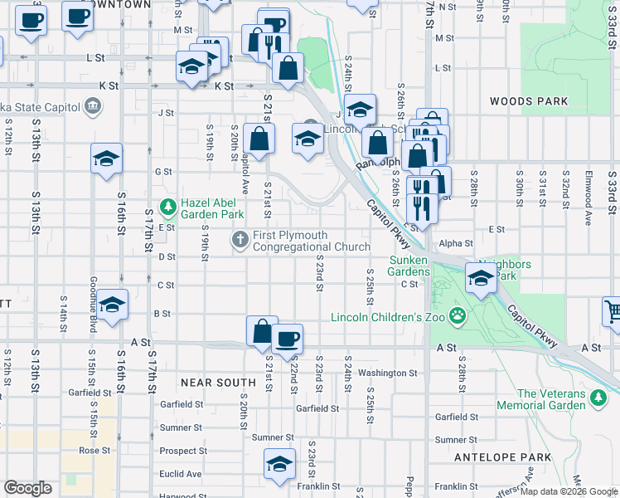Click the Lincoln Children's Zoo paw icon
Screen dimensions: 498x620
pyautogui.click(x=456, y=315)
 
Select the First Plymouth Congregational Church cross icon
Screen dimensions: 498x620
pyautogui.click(x=240, y=240)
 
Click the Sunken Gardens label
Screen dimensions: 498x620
pyautogui.click(x=409, y=266)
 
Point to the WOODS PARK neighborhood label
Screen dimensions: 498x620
pyautogui.click(x=529, y=101)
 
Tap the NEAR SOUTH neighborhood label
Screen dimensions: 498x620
pyautogui.click(x=219, y=383)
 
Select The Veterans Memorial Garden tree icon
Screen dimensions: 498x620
pyautogui.click(x=599, y=399)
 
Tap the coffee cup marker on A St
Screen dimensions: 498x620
pyautogui.click(x=288, y=338)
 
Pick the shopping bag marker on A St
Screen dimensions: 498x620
pyautogui.click(x=262, y=330)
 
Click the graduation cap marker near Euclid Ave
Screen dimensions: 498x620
pyautogui.click(x=279, y=463)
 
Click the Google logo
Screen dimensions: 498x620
pyautogui.click(x=27, y=488)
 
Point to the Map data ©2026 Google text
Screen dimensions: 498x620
pyautogui.click(x=569, y=491)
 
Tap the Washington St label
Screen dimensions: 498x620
pyautogui.click(x=386, y=373)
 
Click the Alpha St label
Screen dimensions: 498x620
pyautogui.click(x=456, y=243)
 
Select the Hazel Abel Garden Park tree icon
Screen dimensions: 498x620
pyautogui.click(x=168, y=207)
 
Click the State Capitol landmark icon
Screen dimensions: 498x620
pyautogui.click(x=93, y=106)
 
